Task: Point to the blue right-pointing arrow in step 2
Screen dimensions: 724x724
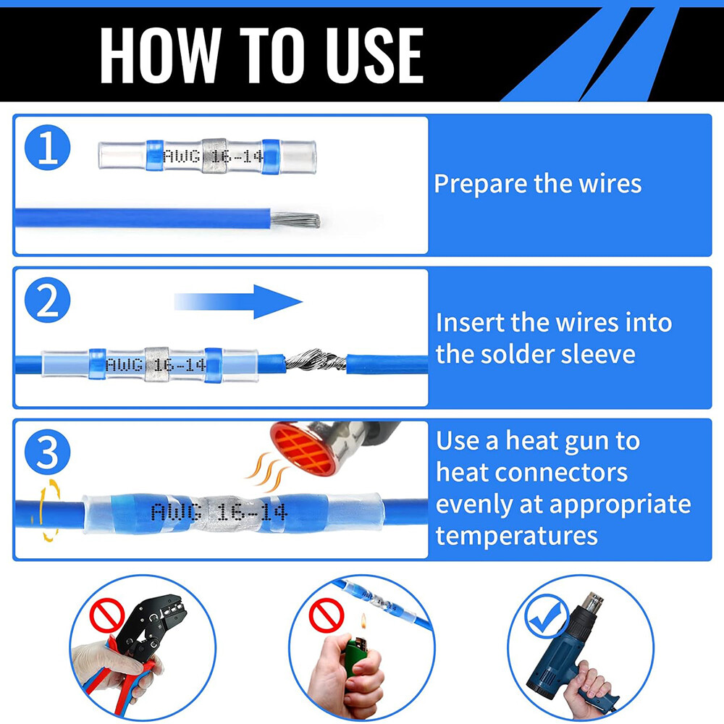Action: (239, 301)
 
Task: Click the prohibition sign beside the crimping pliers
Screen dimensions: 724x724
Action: (103, 617)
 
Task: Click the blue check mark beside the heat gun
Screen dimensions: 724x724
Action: (548, 616)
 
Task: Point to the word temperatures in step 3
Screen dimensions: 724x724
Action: (516, 535)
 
